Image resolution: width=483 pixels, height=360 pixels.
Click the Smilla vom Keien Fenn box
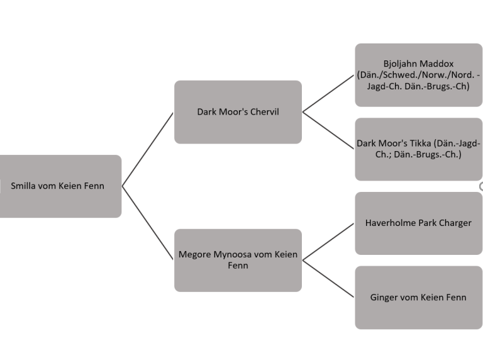(60, 186)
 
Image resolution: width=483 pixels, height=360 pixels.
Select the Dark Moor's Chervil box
(238, 112)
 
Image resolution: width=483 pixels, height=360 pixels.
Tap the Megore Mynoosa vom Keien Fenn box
(238, 261)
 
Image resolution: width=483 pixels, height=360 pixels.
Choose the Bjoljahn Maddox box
(418, 75)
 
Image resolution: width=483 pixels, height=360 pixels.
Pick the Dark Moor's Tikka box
(418, 149)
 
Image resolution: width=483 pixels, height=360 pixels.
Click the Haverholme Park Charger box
(418, 223)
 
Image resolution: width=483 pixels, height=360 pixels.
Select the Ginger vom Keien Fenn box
(418, 298)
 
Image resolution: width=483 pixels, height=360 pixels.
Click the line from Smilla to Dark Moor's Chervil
(148, 149)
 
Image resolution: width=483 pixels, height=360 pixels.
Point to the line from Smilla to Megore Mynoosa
(148, 223)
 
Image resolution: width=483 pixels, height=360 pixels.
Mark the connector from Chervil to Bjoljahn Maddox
(328, 94)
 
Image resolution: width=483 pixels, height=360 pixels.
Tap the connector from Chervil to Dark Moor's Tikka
(328, 130)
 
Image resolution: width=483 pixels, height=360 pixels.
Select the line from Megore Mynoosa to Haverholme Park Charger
(328, 242)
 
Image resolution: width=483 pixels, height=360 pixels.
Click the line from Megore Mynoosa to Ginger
(328, 279)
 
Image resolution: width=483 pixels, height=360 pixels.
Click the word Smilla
(23, 186)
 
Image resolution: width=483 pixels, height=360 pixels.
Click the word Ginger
(384, 298)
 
